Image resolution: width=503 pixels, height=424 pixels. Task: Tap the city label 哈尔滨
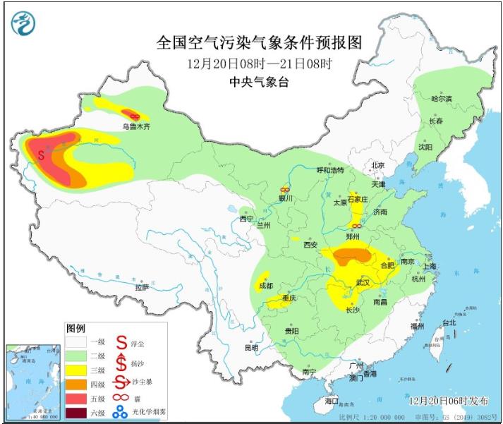[442, 99]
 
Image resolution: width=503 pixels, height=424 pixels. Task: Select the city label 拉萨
[142, 287]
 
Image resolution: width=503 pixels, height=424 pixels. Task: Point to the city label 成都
[265, 286]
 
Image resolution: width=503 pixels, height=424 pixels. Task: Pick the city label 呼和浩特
[329, 170]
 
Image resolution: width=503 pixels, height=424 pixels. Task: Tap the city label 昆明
[252, 347]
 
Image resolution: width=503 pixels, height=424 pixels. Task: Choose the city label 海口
[332, 401]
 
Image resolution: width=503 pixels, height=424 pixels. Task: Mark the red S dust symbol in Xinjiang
[41, 152]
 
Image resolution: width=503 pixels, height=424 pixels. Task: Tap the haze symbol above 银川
[285, 189]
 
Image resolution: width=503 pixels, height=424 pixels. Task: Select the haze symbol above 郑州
[357, 225]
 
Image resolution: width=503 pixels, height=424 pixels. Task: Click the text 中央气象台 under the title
[260, 81]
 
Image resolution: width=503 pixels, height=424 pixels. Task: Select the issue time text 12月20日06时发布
[449, 400]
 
